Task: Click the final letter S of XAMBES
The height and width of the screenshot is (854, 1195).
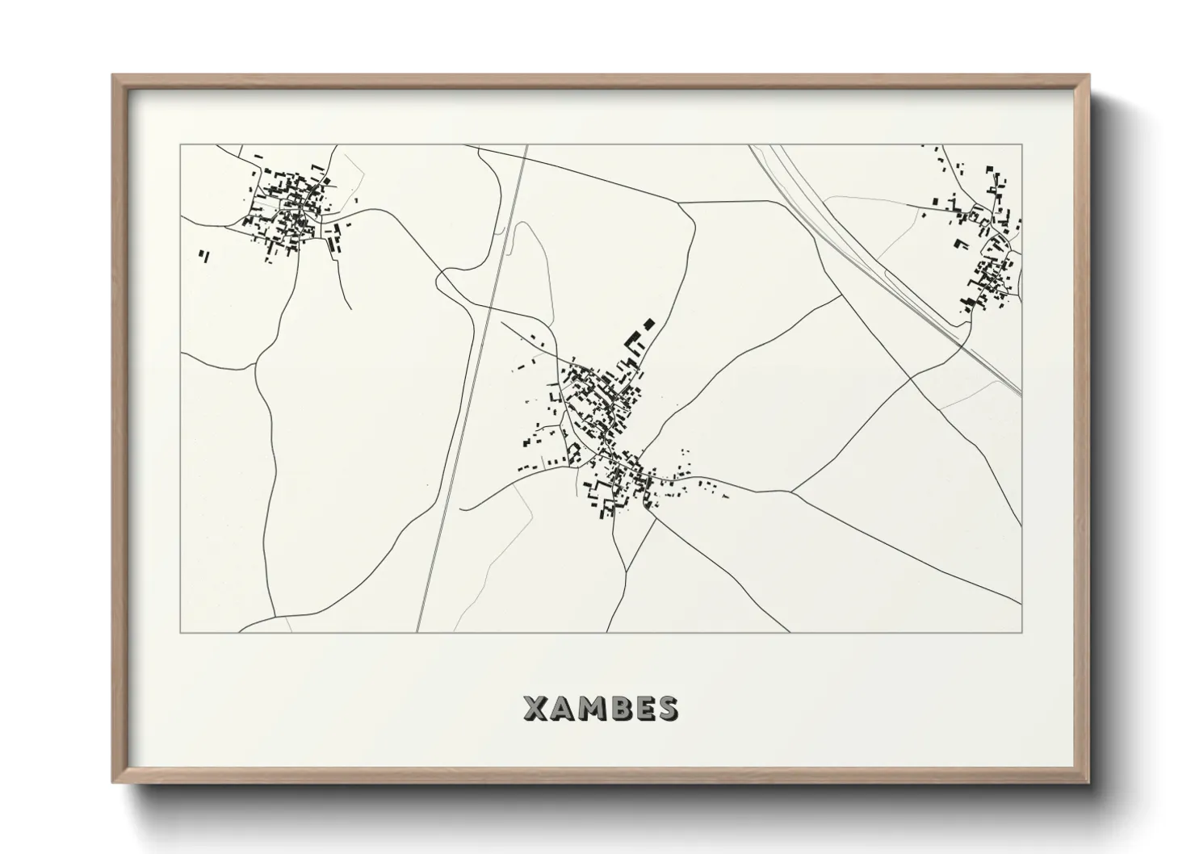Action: point(667,708)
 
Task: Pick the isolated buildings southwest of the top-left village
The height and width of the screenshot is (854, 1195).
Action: point(203,256)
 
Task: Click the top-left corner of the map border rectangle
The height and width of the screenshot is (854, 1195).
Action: point(180,145)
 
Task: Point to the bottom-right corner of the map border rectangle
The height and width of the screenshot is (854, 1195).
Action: point(1021,632)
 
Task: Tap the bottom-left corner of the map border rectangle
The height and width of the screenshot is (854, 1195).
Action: point(180,632)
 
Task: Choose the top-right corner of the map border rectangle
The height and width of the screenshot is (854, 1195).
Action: point(1021,145)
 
